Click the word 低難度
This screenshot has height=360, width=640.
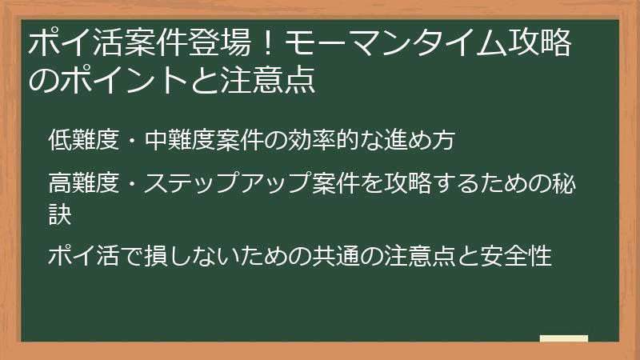84,141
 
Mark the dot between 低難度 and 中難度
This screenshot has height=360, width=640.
132,142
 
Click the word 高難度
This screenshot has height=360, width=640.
84,184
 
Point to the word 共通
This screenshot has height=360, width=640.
351,257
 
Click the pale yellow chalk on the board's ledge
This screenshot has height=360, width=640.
563,338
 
